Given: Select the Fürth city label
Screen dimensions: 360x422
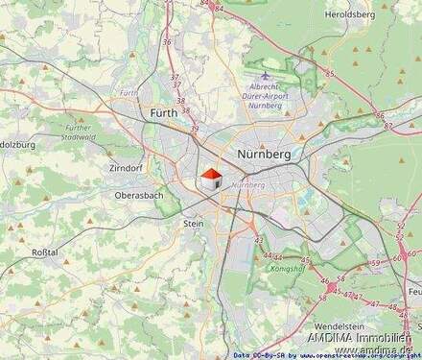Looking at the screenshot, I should click(165, 113).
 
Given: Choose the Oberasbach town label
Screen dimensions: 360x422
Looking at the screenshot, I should click(141, 194).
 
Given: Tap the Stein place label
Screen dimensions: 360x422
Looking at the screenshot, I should click(193, 223).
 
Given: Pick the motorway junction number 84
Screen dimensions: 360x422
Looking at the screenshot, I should click(220, 9).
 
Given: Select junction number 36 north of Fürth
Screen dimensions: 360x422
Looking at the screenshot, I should click(168, 42).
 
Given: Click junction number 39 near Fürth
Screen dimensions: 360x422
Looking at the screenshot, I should click(194, 130).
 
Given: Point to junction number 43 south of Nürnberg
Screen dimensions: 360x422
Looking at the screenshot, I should click(258, 240).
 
